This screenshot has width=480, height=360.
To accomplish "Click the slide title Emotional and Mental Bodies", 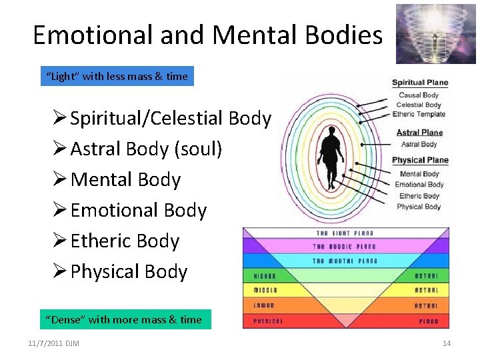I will tap(207, 35).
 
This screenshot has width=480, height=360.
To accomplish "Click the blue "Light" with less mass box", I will tap(117, 77).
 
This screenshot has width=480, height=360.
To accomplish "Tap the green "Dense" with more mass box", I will tap(123, 319).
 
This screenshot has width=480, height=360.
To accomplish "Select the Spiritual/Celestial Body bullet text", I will tap(171, 119).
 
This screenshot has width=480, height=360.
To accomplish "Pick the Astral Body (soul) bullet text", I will tap(146, 149).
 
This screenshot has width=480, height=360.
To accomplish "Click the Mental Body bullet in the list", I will tap(125, 180).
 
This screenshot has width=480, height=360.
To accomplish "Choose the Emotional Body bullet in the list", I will tap(138, 211).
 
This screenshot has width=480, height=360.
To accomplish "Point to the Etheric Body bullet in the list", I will tap(125, 241).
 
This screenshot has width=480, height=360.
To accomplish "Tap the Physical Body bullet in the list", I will tap(129, 272).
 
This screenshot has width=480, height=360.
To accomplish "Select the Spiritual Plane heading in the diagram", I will tap(419, 83).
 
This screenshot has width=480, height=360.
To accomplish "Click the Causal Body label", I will tap(419, 95).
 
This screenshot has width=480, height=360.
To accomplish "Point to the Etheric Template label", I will tap(419, 115).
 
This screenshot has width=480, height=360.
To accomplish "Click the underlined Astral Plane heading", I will tap(419, 133).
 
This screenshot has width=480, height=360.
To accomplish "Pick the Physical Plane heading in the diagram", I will tap(420, 161).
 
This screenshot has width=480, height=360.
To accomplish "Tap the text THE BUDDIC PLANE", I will tap(345, 247).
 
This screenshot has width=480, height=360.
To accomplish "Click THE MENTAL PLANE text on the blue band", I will tap(345, 261).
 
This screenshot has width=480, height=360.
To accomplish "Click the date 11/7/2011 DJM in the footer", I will tap(53, 343).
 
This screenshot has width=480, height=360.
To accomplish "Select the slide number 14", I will tap(447, 343).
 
